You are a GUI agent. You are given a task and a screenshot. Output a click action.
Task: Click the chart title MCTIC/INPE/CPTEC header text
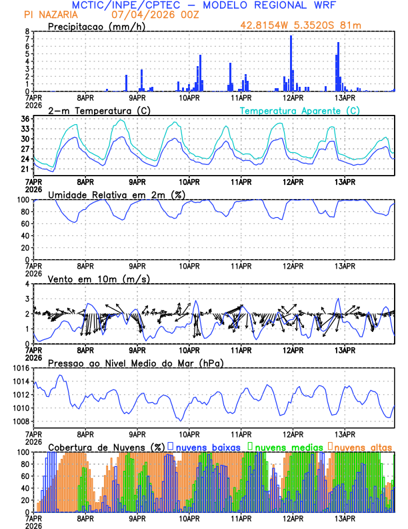[x=203, y=5]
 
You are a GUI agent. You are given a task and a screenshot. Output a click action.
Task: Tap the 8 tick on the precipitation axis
[x=27, y=31]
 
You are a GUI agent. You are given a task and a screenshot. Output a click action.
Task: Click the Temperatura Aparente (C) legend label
[x=300, y=110]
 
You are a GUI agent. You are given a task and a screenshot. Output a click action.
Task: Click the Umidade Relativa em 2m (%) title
[x=115, y=194]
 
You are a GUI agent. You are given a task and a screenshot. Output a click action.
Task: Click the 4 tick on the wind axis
[x=27, y=284]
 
